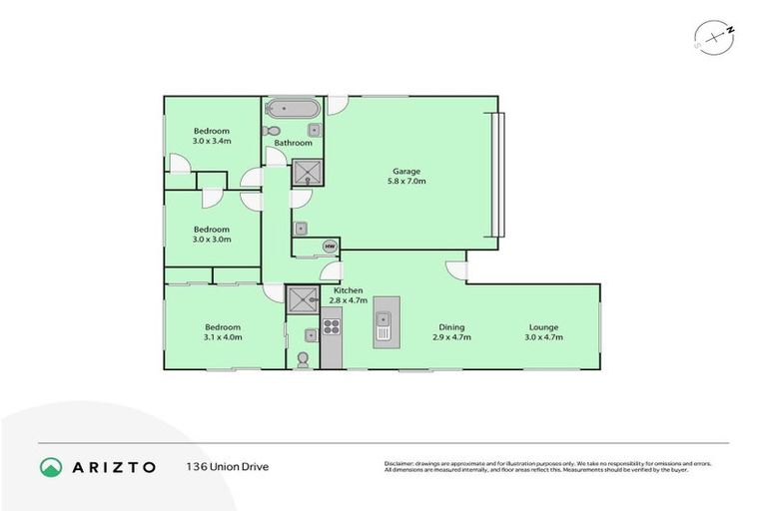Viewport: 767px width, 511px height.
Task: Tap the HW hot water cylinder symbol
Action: pyautogui.click(x=329, y=246)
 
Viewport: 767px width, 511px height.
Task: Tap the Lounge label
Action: pyautogui.click(x=544, y=326)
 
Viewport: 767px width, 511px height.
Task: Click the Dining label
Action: pyautogui.click(x=451, y=326)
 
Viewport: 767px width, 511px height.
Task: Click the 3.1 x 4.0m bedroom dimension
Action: pyautogui.click(x=223, y=338)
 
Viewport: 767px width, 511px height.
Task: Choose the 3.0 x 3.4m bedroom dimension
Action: pyautogui.click(x=212, y=142)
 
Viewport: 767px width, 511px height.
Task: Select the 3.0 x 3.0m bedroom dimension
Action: pyautogui.click(x=212, y=240)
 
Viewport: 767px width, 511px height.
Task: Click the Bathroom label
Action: pyautogui.click(x=294, y=143)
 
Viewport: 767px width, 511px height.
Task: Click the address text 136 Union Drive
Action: pyautogui.click(x=227, y=466)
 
